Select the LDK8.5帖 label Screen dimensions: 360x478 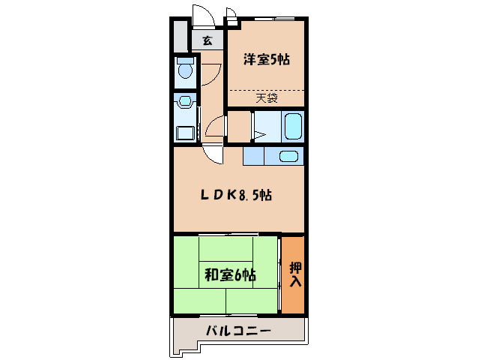click(x=235, y=195)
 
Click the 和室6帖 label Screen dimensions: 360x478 click(x=230, y=275)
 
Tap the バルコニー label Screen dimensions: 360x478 click(x=237, y=331)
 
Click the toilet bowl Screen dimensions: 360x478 click(x=184, y=71)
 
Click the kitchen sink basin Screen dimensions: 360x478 click(x=288, y=156)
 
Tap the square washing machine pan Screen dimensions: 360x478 click(x=184, y=133)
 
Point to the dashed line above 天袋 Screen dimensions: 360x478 click(x=266, y=89)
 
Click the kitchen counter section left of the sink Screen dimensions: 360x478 click(x=254, y=156)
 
